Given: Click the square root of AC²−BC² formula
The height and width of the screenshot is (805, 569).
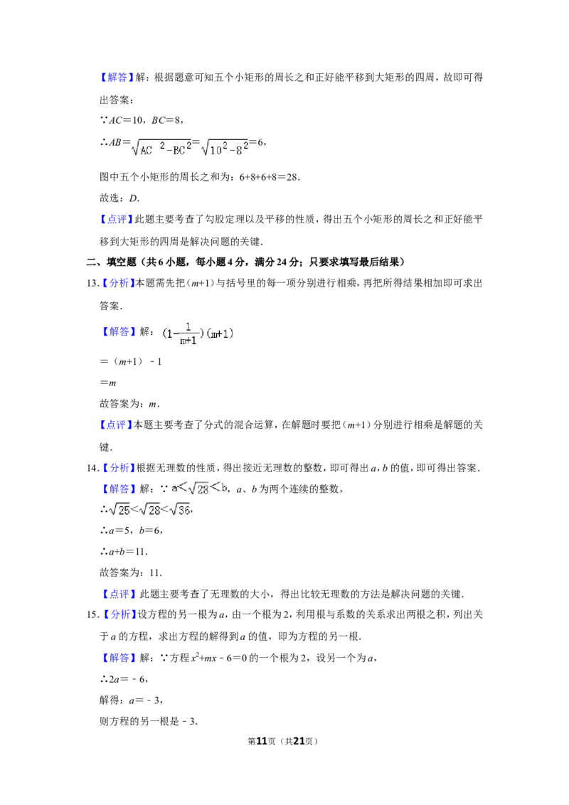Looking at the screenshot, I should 162,148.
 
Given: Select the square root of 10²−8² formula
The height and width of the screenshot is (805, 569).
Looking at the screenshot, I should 225,148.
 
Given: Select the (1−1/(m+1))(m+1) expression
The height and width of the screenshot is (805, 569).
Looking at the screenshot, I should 196,333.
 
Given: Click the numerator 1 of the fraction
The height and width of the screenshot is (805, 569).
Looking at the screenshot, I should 188,327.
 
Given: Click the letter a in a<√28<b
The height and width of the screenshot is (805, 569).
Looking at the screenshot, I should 175,489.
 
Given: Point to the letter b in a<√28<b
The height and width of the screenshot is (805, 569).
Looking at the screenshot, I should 223,489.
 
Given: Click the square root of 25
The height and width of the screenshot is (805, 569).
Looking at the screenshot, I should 119,509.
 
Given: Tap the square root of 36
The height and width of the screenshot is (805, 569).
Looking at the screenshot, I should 181,509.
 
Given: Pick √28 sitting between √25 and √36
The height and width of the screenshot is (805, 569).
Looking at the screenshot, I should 149,509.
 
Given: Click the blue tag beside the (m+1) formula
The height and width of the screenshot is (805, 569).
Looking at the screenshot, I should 119,332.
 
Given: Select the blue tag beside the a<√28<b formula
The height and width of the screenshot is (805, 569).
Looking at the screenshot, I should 119,489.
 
